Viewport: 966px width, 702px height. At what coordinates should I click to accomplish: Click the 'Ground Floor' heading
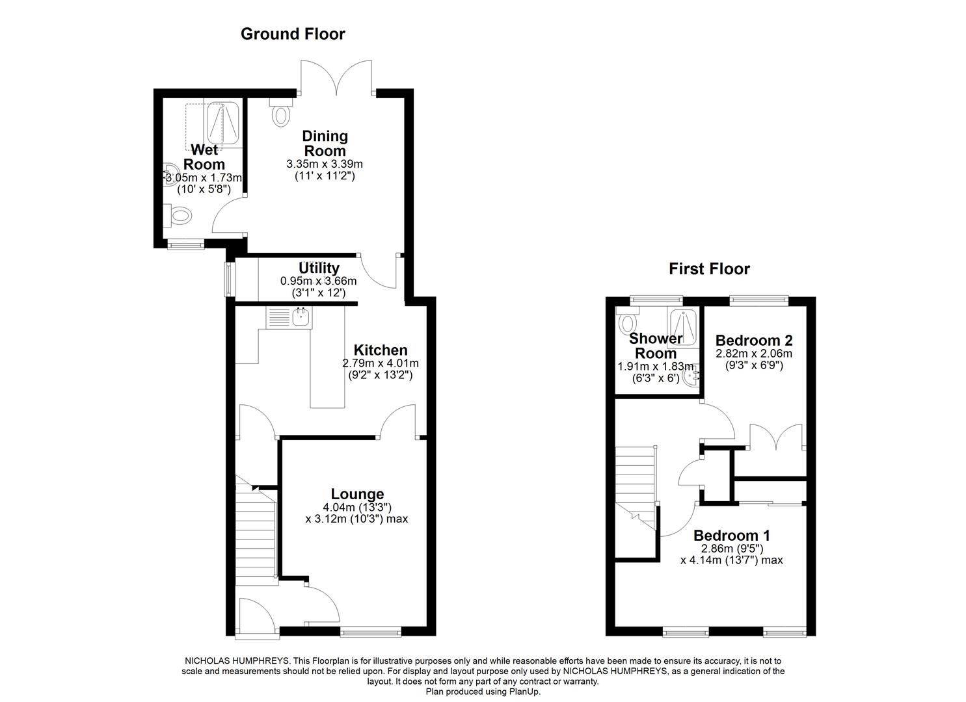coord(293,34)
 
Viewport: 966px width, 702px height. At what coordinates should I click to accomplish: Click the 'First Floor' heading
coord(709,269)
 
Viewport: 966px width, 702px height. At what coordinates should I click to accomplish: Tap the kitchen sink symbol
coord(301,317)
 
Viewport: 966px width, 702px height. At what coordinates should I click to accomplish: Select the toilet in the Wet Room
coord(179,215)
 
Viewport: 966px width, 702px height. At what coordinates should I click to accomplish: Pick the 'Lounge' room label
coord(357,494)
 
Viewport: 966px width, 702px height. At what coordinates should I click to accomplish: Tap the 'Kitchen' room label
coord(381,350)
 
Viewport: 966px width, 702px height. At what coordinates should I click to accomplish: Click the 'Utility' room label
coord(319,268)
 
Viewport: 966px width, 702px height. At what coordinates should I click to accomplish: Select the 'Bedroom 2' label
coord(753,341)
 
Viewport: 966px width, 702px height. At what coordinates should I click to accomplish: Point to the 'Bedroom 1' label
coord(732,536)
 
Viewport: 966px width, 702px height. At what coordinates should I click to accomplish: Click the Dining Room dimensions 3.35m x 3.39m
coord(325,164)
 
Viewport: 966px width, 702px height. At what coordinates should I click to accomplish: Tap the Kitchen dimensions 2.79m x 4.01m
coord(381,363)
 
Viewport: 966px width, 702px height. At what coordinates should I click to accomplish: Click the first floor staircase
coord(635,481)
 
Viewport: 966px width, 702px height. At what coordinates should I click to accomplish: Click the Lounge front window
coord(371,630)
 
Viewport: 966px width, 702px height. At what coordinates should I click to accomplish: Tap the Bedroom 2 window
coord(758,300)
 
